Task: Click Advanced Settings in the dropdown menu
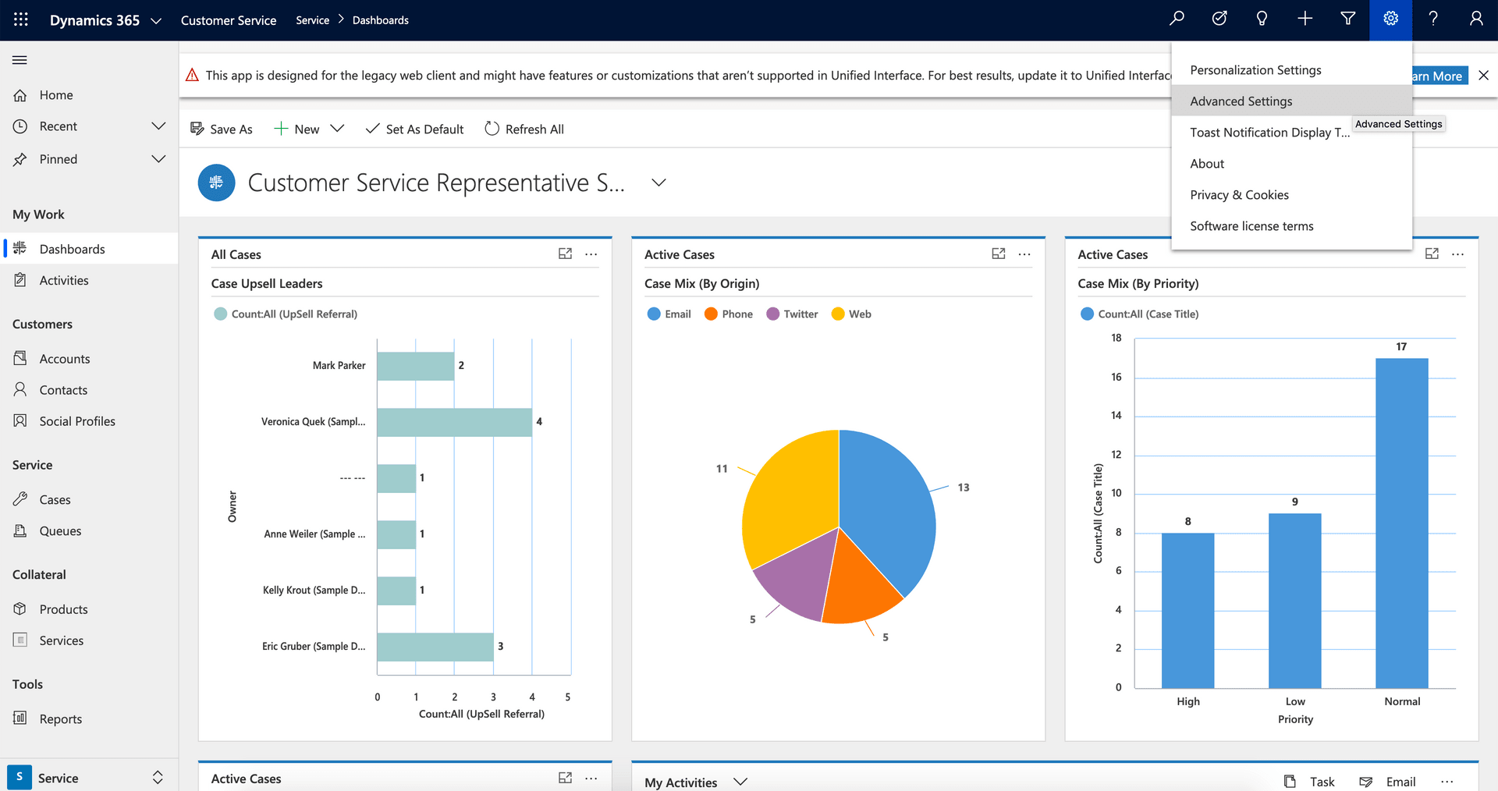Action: point(1241,101)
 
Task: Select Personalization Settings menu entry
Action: point(1255,70)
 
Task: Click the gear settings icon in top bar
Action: point(1390,20)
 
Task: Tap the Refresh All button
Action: point(524,129)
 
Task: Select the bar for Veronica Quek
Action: point(454,422)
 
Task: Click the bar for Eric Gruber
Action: point(435,647)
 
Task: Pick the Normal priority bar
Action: point(1401,523)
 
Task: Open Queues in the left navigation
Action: point(60,531)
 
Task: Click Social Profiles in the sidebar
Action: point(76,421)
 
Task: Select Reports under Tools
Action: point(60,719)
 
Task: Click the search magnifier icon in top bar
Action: point(1177,20)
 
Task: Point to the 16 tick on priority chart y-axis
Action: point(1116,378)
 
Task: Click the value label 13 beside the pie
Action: point(964,488)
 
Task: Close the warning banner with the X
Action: point(1483,76)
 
